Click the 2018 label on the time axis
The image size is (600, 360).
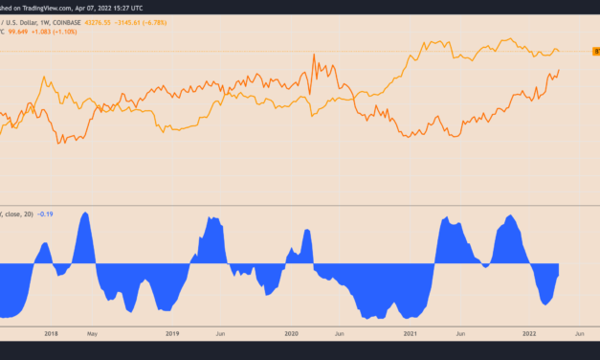pyautogui.click(x=51, y=333)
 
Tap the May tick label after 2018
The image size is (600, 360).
pyautogui.click(x=91, y=333)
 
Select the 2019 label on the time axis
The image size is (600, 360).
pyautogui.click(x=171, y=333)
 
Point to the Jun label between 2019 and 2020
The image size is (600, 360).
pyautogui.click(x=220, y=333)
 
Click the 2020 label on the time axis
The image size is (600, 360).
pyautogui.click(x=292, y=333)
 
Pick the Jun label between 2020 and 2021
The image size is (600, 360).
pyautogui.click(x=340, y=333)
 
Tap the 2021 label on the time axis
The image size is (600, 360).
pyautogui.click(x=411, y=333)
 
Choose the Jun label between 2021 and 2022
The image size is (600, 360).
pyautogui.click(x=460, y=333)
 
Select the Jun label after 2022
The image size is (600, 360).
pyautogui.click(x=579, y=333)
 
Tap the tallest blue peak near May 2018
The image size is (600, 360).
pyautogui.click(x=84, y=214)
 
